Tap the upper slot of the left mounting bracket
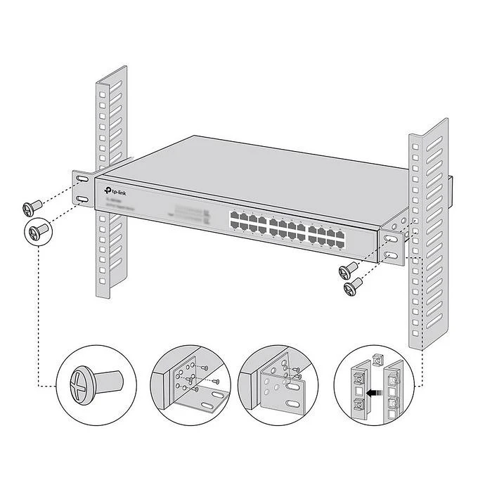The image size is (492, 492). tap(82, 182)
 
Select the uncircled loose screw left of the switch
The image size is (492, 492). tap(32, 207)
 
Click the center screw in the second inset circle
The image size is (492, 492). tap(188, 379)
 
